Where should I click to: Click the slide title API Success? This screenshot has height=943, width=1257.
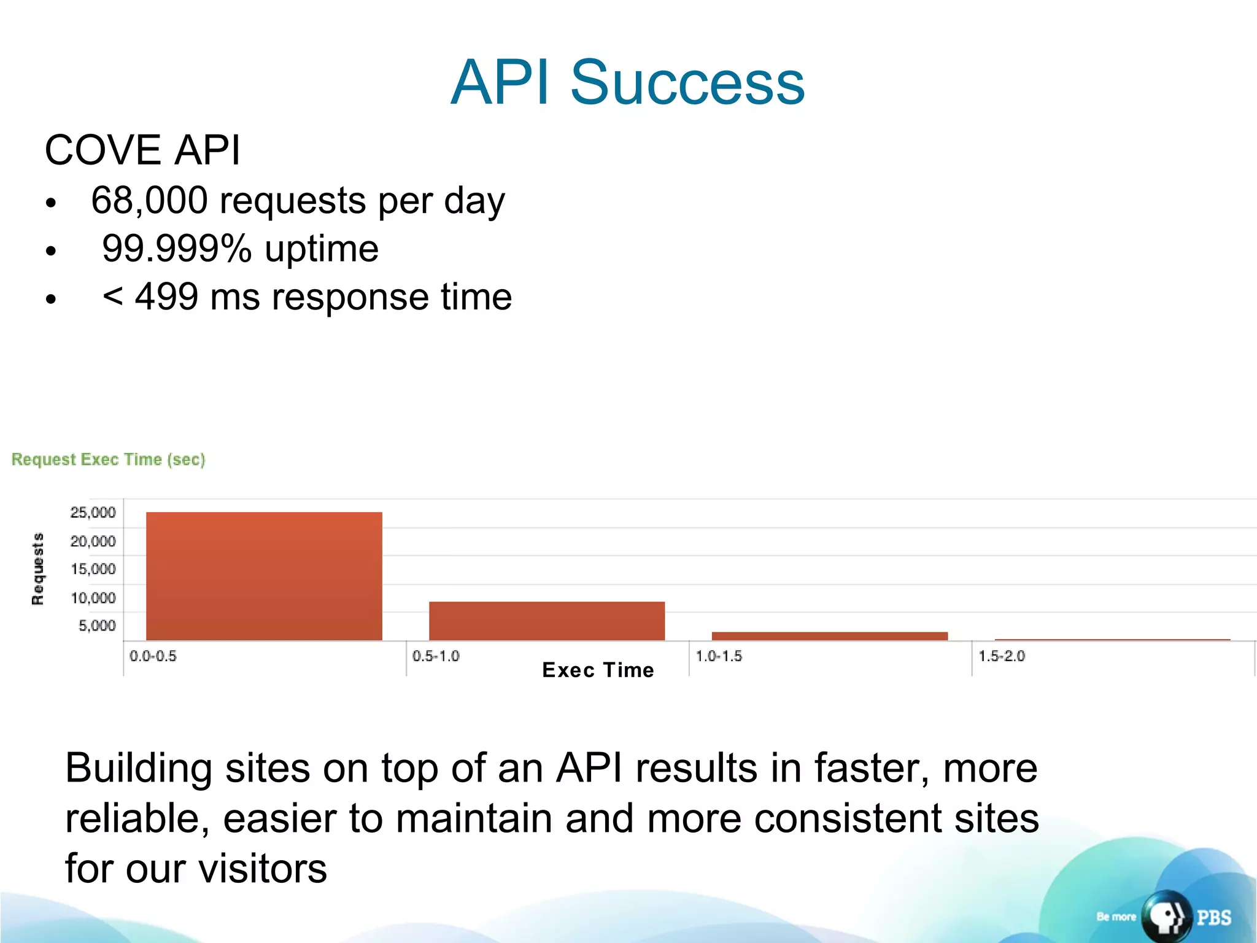click(627, 82)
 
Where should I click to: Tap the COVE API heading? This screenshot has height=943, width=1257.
click(142, 150)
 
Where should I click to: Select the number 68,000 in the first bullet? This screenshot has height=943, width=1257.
click(149, 200)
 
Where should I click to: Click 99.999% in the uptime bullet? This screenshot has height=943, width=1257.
click(177, 249)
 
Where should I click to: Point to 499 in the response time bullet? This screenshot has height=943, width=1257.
click(166, 297)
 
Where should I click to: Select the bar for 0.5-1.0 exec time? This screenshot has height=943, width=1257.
click(546, 621)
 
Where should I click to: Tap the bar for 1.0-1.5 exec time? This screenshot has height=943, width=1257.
click(829, 636)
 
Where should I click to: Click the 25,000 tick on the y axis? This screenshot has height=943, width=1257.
click(93, 513)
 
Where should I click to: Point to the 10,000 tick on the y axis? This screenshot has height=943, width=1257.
click(93, 597)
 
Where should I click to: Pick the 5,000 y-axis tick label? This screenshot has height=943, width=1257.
click(97, 626)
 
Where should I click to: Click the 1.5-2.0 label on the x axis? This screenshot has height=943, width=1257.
click(1001, 656)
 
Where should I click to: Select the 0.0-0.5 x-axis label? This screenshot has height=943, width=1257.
click(153, 656)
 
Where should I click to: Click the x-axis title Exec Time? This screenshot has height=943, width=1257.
click(598, 670)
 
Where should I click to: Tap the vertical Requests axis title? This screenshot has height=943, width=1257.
click(38, 569)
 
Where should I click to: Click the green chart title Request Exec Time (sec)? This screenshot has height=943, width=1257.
click(109, 459)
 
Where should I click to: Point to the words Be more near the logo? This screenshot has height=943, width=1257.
click(1116, 917)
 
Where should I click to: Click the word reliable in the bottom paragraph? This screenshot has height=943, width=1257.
click(137, 818)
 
